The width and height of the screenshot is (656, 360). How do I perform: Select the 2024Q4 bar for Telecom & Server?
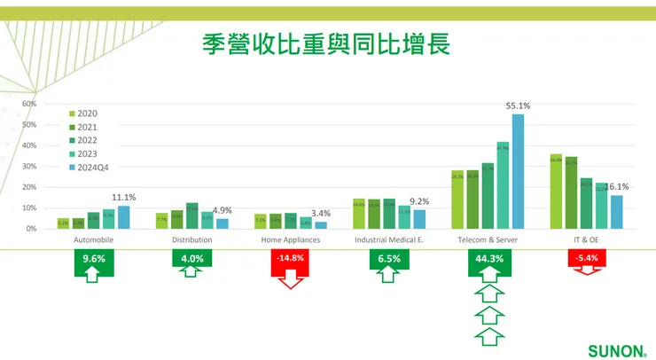coord(519,172)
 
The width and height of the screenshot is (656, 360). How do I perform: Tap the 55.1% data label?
coord(518,106)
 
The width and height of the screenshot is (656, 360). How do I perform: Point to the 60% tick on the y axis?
coord(28,104)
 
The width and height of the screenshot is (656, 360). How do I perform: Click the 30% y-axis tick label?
coord(28,166)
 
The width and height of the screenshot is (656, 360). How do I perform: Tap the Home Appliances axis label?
coord(290,240)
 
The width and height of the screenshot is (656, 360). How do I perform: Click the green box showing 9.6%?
coord(94,259)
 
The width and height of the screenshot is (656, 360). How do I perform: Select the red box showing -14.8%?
coord(290,259)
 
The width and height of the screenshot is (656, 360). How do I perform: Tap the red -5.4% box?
coord(585,258)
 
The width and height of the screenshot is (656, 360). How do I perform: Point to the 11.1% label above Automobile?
coord(123,198)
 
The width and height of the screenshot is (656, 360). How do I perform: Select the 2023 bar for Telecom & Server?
coord(503,185)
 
